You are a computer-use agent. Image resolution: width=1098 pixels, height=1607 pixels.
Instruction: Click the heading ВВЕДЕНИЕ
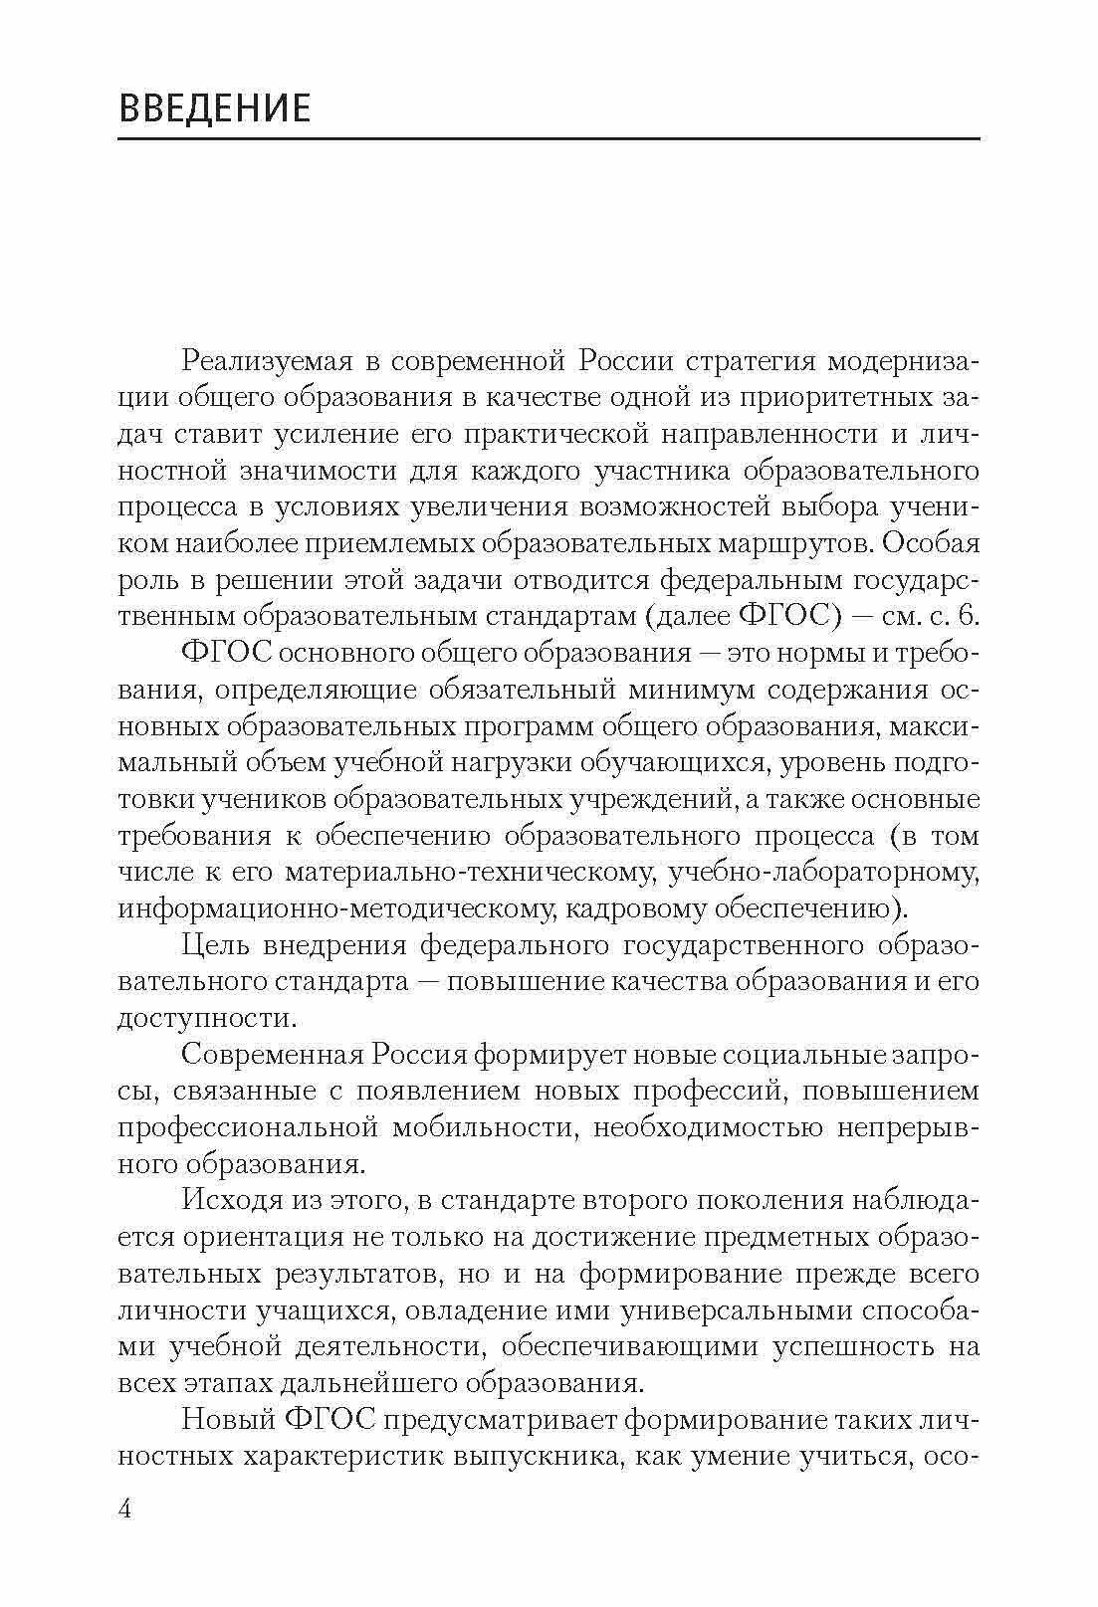click(x=214, y=108)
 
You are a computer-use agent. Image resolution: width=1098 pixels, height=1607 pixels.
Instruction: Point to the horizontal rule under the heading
click(x=549, y=138)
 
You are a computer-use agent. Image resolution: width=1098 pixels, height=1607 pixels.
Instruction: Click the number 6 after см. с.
click(x=969, y=616)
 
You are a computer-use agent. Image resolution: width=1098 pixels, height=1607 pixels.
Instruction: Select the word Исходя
click(x=232, y=1200)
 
